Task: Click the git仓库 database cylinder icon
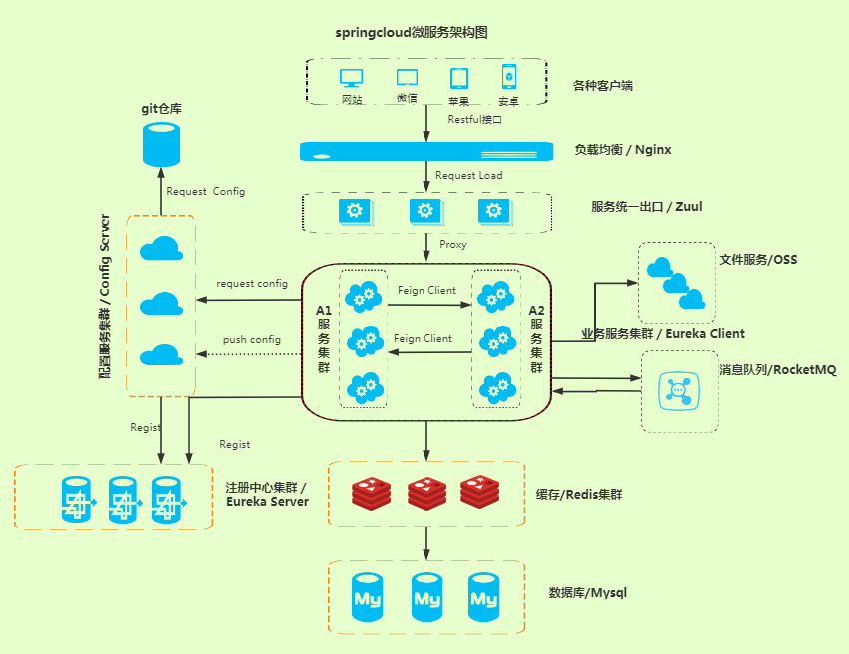[161, 144]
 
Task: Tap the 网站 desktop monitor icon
[352, 78]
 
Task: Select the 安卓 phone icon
[508, 77]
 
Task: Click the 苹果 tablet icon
[458, 78]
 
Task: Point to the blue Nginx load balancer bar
[426, 151]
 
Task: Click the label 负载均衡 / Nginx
[622, 150]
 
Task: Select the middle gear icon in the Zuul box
[424, 211]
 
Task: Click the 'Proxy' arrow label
[453, 244]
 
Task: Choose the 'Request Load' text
[468, 175]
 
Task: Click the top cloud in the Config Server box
[160, 248]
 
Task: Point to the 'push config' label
[251, 339]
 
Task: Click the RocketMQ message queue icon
[679, 390]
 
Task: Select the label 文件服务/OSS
[758, 260]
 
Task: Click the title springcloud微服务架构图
[412, 32]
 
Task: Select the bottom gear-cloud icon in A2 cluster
[496, 386]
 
